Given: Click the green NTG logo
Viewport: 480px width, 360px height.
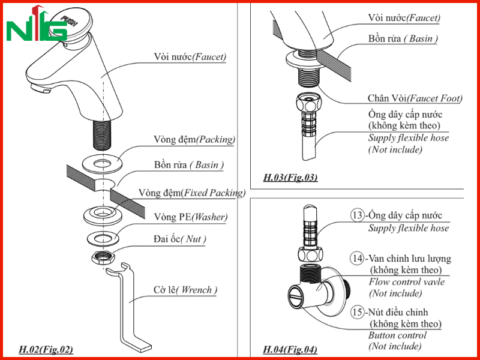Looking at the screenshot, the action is [x=36, y=25].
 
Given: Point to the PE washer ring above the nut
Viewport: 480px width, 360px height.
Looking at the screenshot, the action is [x=103, y=238].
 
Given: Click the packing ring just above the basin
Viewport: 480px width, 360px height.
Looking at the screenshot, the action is [x=102, y=164].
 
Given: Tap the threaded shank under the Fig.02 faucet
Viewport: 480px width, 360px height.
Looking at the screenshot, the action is [x=101, y=134].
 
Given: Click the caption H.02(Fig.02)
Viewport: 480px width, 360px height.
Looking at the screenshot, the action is [x=46, y=349].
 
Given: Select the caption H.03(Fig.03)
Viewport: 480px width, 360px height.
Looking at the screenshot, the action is [x=290, y=178].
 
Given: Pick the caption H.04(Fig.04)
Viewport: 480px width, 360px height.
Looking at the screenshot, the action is [x=290, y=349].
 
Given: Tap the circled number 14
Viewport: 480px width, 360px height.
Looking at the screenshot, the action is [x=357, y=259].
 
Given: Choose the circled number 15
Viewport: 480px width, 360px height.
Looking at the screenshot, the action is [x=357, y=312].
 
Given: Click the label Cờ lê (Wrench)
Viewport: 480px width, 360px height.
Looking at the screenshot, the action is [x=185, y=290].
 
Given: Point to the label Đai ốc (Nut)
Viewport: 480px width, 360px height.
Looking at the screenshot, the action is [x=179, y=239].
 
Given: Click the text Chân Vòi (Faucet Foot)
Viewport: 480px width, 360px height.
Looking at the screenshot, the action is [x=415, y=98].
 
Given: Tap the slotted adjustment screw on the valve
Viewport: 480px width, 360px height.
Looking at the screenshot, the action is [x=296, y=297].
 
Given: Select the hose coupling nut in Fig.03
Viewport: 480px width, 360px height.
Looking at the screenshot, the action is [x=307, y=103].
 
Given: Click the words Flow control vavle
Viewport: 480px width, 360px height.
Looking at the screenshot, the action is [x=407, y=281].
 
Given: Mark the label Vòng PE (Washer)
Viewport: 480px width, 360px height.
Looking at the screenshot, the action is [x=191, y=217].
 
